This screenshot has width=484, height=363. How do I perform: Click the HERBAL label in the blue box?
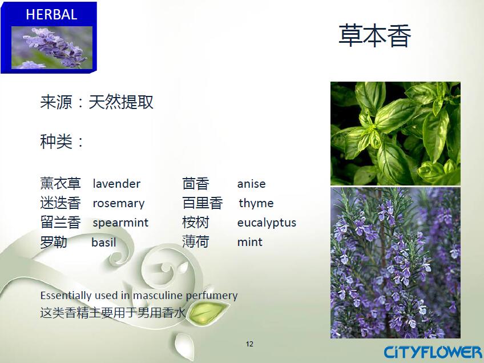click(51, 14)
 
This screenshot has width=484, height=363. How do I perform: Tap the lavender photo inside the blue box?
click(52, 47)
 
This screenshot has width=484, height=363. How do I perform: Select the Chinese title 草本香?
click(375, 36)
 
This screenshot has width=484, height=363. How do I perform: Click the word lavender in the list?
click(116, 184)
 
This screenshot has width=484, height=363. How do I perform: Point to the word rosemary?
click(119, 203)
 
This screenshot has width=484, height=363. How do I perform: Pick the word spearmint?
click(120, 223)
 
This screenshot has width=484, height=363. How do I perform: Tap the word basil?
click(104, 243)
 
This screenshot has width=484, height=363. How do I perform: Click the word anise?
click(251, 184)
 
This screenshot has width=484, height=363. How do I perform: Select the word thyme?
click(256, 203)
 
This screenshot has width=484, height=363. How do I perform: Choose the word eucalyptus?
click(267, 223)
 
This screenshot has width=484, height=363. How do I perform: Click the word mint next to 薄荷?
click(250, 243)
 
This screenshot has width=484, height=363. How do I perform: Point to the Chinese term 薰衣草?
click(61, 183)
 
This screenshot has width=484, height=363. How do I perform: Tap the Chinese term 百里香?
click(203, 203)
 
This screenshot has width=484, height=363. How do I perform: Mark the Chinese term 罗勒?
click(54, 242)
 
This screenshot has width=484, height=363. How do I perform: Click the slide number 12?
click(249, 344)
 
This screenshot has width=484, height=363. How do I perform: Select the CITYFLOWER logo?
click(433, 353)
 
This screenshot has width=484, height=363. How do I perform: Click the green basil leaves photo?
click(396, 134)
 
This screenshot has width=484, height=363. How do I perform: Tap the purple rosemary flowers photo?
click(396, 263)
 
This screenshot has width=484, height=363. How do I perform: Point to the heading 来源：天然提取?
click(96, 102)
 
